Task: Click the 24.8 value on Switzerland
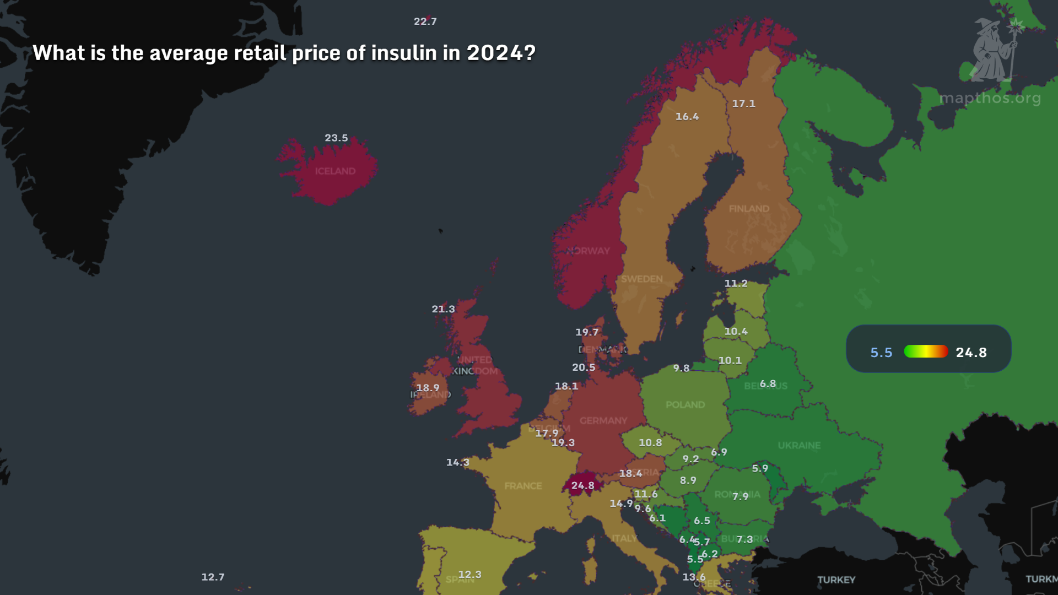click(x=582, y=485)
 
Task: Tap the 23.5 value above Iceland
click(x=336, y=138)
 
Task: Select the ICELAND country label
click(x=335, y=171)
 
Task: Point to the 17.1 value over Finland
click(x=743, y=104)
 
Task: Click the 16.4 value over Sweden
click(x=687, y=116)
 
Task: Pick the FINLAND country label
click(x=749, y=209)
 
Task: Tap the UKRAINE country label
click(x=799, y=445)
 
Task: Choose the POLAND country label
click(x=685, y=404)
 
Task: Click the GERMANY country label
click(x=603, y=420)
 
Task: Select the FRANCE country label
click(x=523, y=486)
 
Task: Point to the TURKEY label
click(x=836, y=580)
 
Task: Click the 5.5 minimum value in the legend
click(x=881, y=353)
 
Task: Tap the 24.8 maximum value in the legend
click(x=971, y=353)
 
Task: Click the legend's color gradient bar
click(x=926, y=351)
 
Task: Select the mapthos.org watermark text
click(x=990, y=98)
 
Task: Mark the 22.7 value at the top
click(x=425, y=21)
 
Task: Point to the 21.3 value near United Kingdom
click(x=443, y=309)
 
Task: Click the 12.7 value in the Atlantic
click(x=213, y=577)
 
